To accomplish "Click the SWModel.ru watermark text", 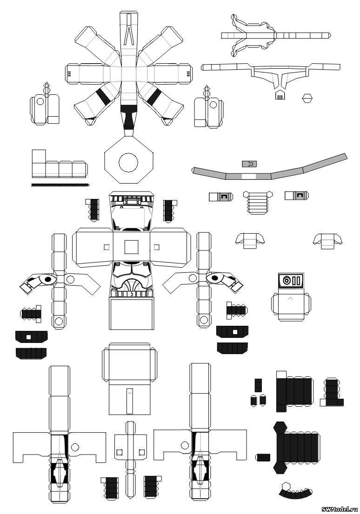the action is (x=340, y=509).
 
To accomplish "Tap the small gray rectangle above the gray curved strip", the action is (x=249, y=164).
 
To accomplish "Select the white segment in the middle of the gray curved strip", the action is (x=249, y=176).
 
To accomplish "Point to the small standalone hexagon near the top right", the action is (x=307, y=98).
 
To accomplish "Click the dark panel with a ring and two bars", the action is (x=290, y=281).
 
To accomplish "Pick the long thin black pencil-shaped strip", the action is (x=60, y=185).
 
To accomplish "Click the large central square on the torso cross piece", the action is (x=132, y=247).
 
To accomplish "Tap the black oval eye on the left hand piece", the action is (x=48, y=279).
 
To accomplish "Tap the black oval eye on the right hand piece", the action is (x=215, y=278).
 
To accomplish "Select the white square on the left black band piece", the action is (x=29, y=336).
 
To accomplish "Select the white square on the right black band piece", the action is (x=234, y=332).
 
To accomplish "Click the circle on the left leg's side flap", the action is (x=75, y=447).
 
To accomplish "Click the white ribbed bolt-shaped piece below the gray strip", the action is (x=258, y=202).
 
